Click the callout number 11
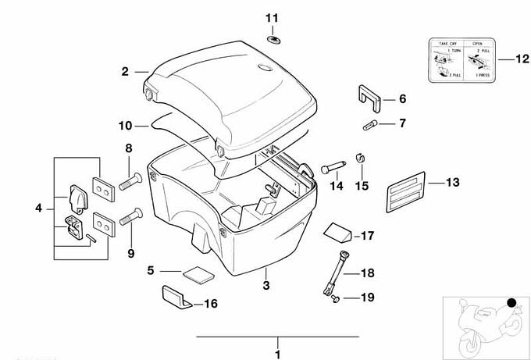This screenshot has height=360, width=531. pyautogui.click(x=271, y=18)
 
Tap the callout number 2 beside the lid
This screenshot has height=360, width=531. pyautogui.click(x=124, y=72)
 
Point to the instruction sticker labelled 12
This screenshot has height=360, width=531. pyautogui.click(x=458, y=60)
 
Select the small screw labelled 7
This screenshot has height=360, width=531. pyautogui.click(x=370, y=123)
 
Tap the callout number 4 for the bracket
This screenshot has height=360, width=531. pyautogui.click(x=38, y=208)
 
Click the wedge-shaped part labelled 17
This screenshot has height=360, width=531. pyautogui.click(x=337, y=232)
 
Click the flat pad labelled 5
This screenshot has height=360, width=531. pyautogui.click(x=197, y=274)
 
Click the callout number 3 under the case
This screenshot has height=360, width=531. pyautogui.click(x=265, y=287)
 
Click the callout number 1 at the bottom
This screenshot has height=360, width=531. pyautogui.click(x=277, y=353)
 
